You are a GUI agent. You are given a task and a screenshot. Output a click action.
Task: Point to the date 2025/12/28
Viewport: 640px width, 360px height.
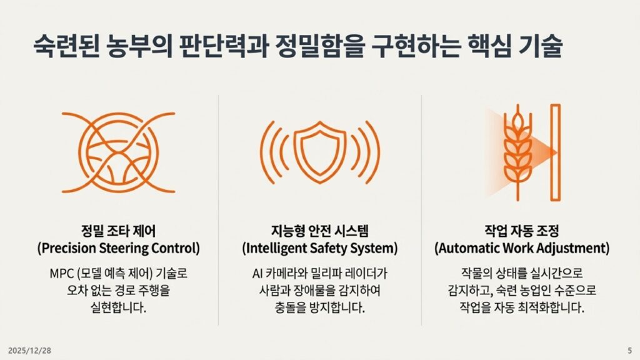click(x=29, y=351)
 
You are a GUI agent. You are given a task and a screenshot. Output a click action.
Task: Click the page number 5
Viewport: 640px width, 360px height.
click(x=629, y=351)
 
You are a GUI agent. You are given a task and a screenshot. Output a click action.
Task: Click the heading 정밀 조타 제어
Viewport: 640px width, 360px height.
click(x=118, y=231)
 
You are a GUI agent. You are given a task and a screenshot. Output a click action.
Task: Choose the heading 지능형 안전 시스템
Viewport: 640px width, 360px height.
click(x=320, y=231)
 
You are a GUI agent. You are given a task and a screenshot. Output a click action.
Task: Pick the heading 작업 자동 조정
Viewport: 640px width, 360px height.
click(x=522, y=231)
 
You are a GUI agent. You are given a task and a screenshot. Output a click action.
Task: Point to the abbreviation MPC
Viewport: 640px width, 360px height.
click(x=61, y=273)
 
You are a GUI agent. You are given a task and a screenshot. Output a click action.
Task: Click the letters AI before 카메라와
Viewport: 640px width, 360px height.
click(x=257, y=273)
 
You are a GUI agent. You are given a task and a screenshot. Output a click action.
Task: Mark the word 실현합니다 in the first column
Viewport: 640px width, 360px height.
click(x=118, y=307)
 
